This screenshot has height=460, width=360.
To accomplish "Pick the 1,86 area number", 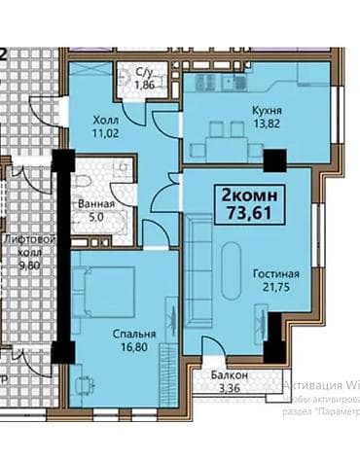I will pyautogui.click(x=143, y=86).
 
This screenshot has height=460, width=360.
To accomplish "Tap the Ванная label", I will pyautogui.click(x=95, y=204).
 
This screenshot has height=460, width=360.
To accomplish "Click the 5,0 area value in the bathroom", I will pyautogui.click(x=95, y=218).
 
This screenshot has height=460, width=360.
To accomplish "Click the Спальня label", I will pyautogui.click(x=118, y=329).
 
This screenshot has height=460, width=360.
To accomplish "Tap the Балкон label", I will pyautogui.click(x=230, y=375).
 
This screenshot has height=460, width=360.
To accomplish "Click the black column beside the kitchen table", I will pyautogui.click(x=275, y=159).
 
